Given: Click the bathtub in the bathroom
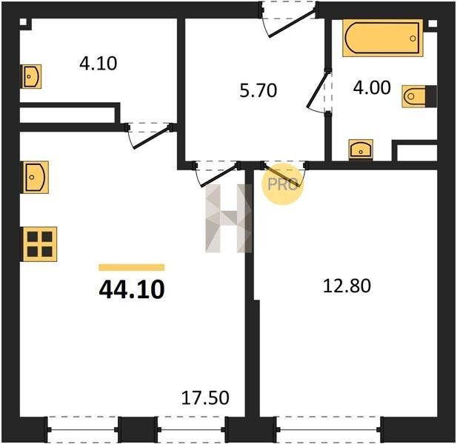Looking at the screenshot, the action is (x=382, y=38).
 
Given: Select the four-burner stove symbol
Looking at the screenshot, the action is (x=40, y=244).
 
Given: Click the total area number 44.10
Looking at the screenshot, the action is (x=132, y=289).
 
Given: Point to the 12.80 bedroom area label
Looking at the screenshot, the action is (x=347, y=286).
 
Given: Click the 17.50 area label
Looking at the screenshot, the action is (x=205, y=397).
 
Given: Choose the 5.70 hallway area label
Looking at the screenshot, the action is (x=258, y=90).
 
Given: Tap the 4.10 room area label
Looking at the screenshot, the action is (x=99, y=64).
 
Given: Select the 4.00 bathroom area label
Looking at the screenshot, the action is (x=372, y=87).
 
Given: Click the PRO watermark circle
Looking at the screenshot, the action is (x=282, y=184).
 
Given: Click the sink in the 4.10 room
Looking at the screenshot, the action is (x=32, y=76).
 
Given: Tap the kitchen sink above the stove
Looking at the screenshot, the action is (x=36, y=177).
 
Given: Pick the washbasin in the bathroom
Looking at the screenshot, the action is (x=361, y=149).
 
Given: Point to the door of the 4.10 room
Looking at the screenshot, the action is (x=152, y=138).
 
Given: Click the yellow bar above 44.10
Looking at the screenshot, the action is (x=132, y=267).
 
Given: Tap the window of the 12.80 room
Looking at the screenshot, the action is (x=329, y=429).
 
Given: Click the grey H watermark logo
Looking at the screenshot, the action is (x=228, y=218).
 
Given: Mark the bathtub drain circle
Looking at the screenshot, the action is (x=413, y=38).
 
